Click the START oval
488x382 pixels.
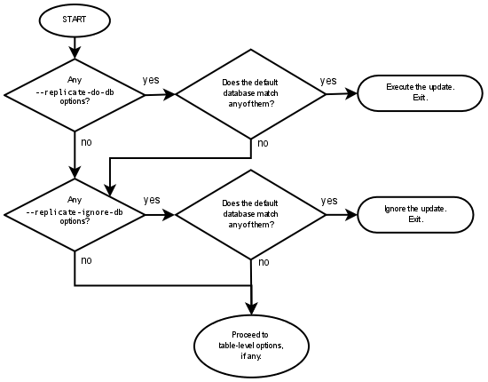(x=75, y=20)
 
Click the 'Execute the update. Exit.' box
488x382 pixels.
(x=420, y=92)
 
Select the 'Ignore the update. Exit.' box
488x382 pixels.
(x=415, y=214)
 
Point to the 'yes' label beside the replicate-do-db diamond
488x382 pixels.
(x=151, y=81)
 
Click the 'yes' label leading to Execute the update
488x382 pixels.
(x=328, y=81)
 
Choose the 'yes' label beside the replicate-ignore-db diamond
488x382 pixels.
(x=151, y=200)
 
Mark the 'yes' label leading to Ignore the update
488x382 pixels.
(x=328, y=201)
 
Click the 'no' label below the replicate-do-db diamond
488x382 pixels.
(x=86, y=142)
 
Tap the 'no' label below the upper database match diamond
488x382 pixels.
(x=264, y=143)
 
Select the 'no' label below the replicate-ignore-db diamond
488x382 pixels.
(x=86, y=260)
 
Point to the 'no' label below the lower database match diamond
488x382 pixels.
(x=264, y=262)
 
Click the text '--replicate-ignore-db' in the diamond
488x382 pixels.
(x=75, y=213)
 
